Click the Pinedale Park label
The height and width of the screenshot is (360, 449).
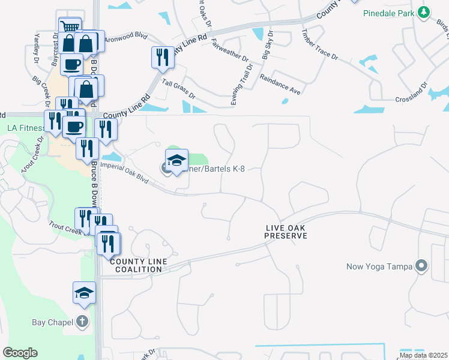[390, 12]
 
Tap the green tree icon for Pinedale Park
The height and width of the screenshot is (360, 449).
[424, 12]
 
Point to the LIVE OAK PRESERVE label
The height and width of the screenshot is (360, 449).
[286, 232]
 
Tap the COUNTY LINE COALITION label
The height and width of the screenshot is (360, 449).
[136, 265]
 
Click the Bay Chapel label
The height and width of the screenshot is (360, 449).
[52, 322]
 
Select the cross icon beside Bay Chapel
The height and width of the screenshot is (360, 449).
[83, 322]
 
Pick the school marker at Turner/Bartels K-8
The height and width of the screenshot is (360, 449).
[176, 160]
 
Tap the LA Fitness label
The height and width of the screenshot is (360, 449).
[25, 128]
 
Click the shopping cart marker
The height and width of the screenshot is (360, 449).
[70, 28]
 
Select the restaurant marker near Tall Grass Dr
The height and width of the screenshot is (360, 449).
[163, 58]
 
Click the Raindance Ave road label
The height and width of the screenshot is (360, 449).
[279, 84]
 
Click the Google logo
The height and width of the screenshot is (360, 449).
[20, 353]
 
